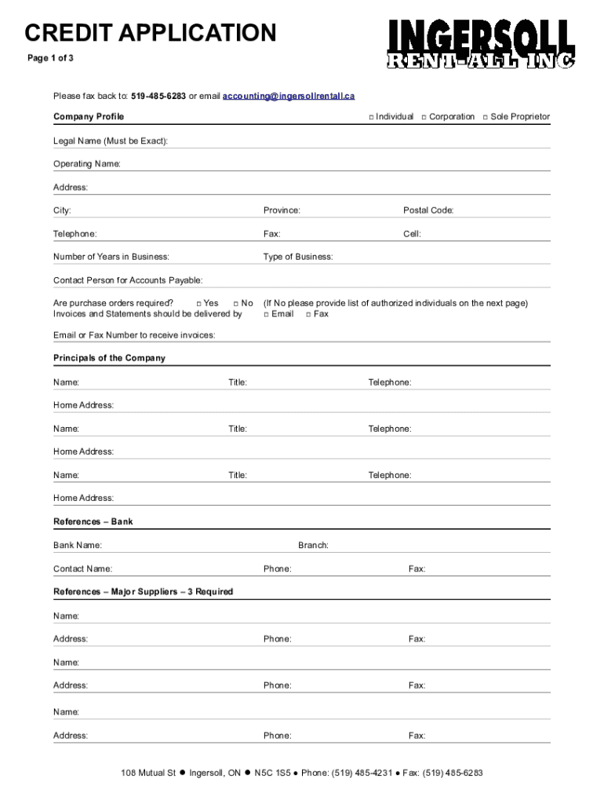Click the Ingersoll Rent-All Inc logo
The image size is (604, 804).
pos(480,44)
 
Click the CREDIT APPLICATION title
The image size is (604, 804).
pos(150,34)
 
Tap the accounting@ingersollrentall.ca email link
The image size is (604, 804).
pos(289,96)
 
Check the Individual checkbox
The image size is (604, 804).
pos(371,117)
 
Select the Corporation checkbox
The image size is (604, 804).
pos(424,117)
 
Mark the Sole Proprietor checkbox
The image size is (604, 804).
pos(486,117)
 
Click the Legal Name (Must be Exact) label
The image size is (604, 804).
pos(110,141)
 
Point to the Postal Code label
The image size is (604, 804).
pos(428,210)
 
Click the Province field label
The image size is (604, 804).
pos(282,210)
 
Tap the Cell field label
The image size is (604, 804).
pos(412,234)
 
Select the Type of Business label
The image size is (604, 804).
pos(298,257)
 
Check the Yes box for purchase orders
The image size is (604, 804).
pos(198,304)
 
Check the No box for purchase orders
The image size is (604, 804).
pos(236,304)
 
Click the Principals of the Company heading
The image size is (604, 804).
pos(109,358)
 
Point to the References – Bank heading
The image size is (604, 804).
pos(93,521)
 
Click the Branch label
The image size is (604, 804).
pos(313,545)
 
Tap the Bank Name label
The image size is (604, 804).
pos(77,545)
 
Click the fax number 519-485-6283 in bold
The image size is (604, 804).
pos(158,96)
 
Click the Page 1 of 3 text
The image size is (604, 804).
pos(51,58)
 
